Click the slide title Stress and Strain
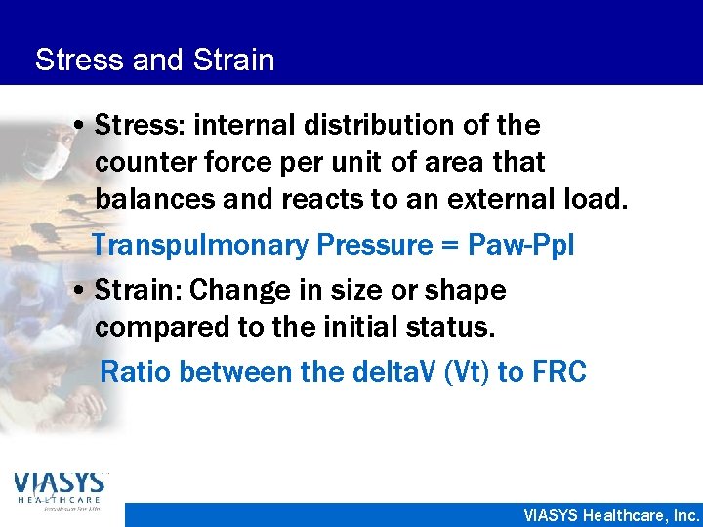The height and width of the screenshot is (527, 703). pyautogui.click(x=154, y=61)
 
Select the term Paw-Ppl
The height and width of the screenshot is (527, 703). pyautogui.click(x=521, y=245)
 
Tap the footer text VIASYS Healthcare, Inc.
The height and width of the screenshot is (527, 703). pyautogui.click(x=611, y=515)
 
